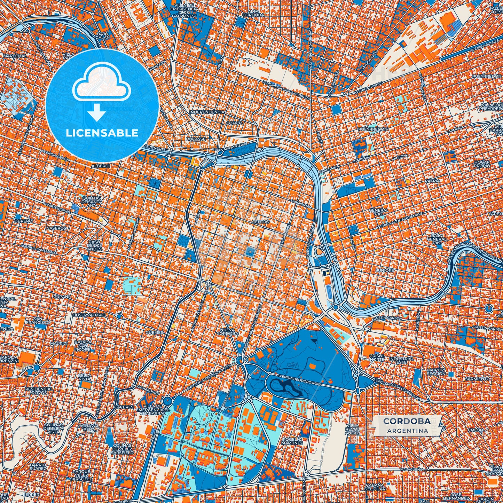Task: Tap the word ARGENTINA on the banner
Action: click(x=407, y=431)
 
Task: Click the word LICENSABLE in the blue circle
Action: click(x=102, y=133)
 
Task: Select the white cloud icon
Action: click(x=101, y=82)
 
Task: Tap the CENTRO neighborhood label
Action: click(x=261, y=222)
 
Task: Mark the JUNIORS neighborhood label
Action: click(x=385, y=270)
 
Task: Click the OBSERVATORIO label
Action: click(x=89, y=315)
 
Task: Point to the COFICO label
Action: click(x=234, y=123)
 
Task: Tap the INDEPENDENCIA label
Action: click(x=207, y=112)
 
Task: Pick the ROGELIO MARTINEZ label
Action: click(x=292, y=441)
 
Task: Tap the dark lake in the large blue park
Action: click(x=285, y=386)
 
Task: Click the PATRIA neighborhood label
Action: click(x=432, y=181)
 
